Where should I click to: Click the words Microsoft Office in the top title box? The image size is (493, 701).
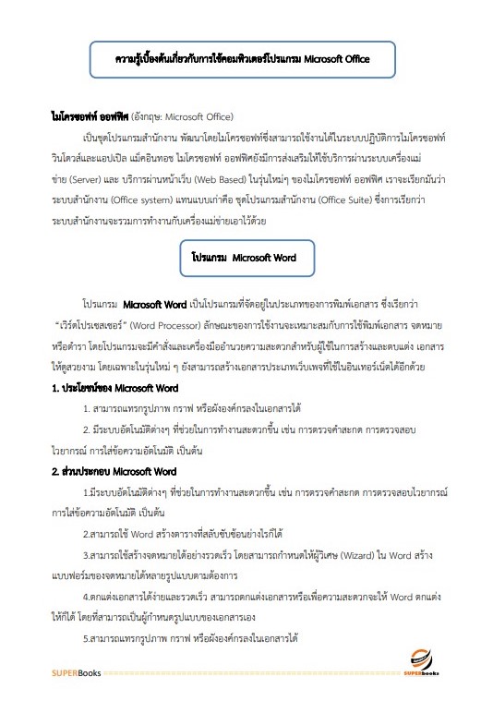point(328,58)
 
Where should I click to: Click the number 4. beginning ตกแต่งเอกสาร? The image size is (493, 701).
point(86,598)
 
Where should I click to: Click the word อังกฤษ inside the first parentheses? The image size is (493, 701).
point(150,118)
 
